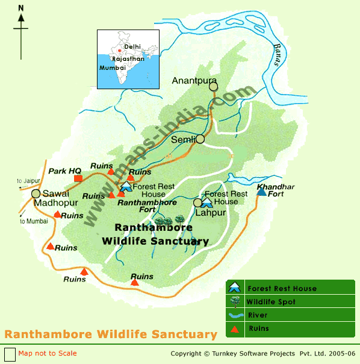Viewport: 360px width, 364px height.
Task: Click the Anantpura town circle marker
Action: [213, 87]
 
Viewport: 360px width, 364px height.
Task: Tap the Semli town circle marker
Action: [200, 139]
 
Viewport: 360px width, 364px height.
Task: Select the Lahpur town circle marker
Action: [197, 202]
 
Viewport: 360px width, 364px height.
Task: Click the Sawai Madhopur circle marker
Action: [36, 193]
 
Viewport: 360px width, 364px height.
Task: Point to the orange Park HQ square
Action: [78, 178]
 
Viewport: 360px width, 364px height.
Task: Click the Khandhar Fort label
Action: [276, 190]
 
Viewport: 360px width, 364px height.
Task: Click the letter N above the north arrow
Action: [21, 8]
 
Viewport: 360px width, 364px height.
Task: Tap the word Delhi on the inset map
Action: [132, 46]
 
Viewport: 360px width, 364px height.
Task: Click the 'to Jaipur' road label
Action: [27, 180]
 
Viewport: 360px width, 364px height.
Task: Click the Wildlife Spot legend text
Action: [271, 302]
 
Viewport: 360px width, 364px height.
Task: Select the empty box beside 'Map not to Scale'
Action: [9, 354]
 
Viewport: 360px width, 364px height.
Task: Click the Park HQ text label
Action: [65, 171]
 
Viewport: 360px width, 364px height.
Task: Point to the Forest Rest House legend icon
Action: [235, 288]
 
